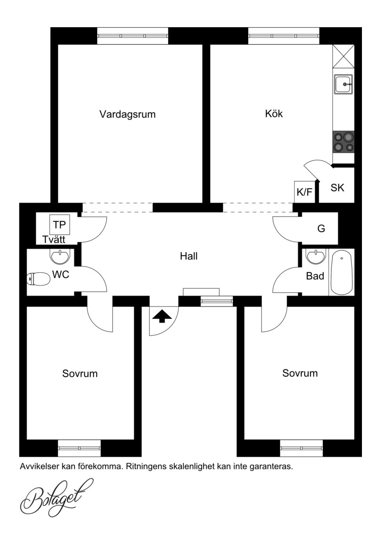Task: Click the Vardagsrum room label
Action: [128, 114]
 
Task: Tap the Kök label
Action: [274, 114]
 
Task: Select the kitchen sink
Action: [344, 84]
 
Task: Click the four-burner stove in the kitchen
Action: [344, 142]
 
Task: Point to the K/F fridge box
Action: [304, 191]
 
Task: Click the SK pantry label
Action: [337, 188]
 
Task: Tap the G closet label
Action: [321, 228]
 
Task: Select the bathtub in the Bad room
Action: [342, 272]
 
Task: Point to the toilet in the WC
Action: [39, 279]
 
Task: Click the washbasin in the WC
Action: [60, 257]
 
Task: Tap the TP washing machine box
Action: [60, 225]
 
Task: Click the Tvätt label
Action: [54, 239]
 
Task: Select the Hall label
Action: [189, 257]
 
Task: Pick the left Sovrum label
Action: [80, 374]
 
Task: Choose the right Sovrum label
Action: [300, 373]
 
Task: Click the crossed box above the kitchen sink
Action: [343, 56]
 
